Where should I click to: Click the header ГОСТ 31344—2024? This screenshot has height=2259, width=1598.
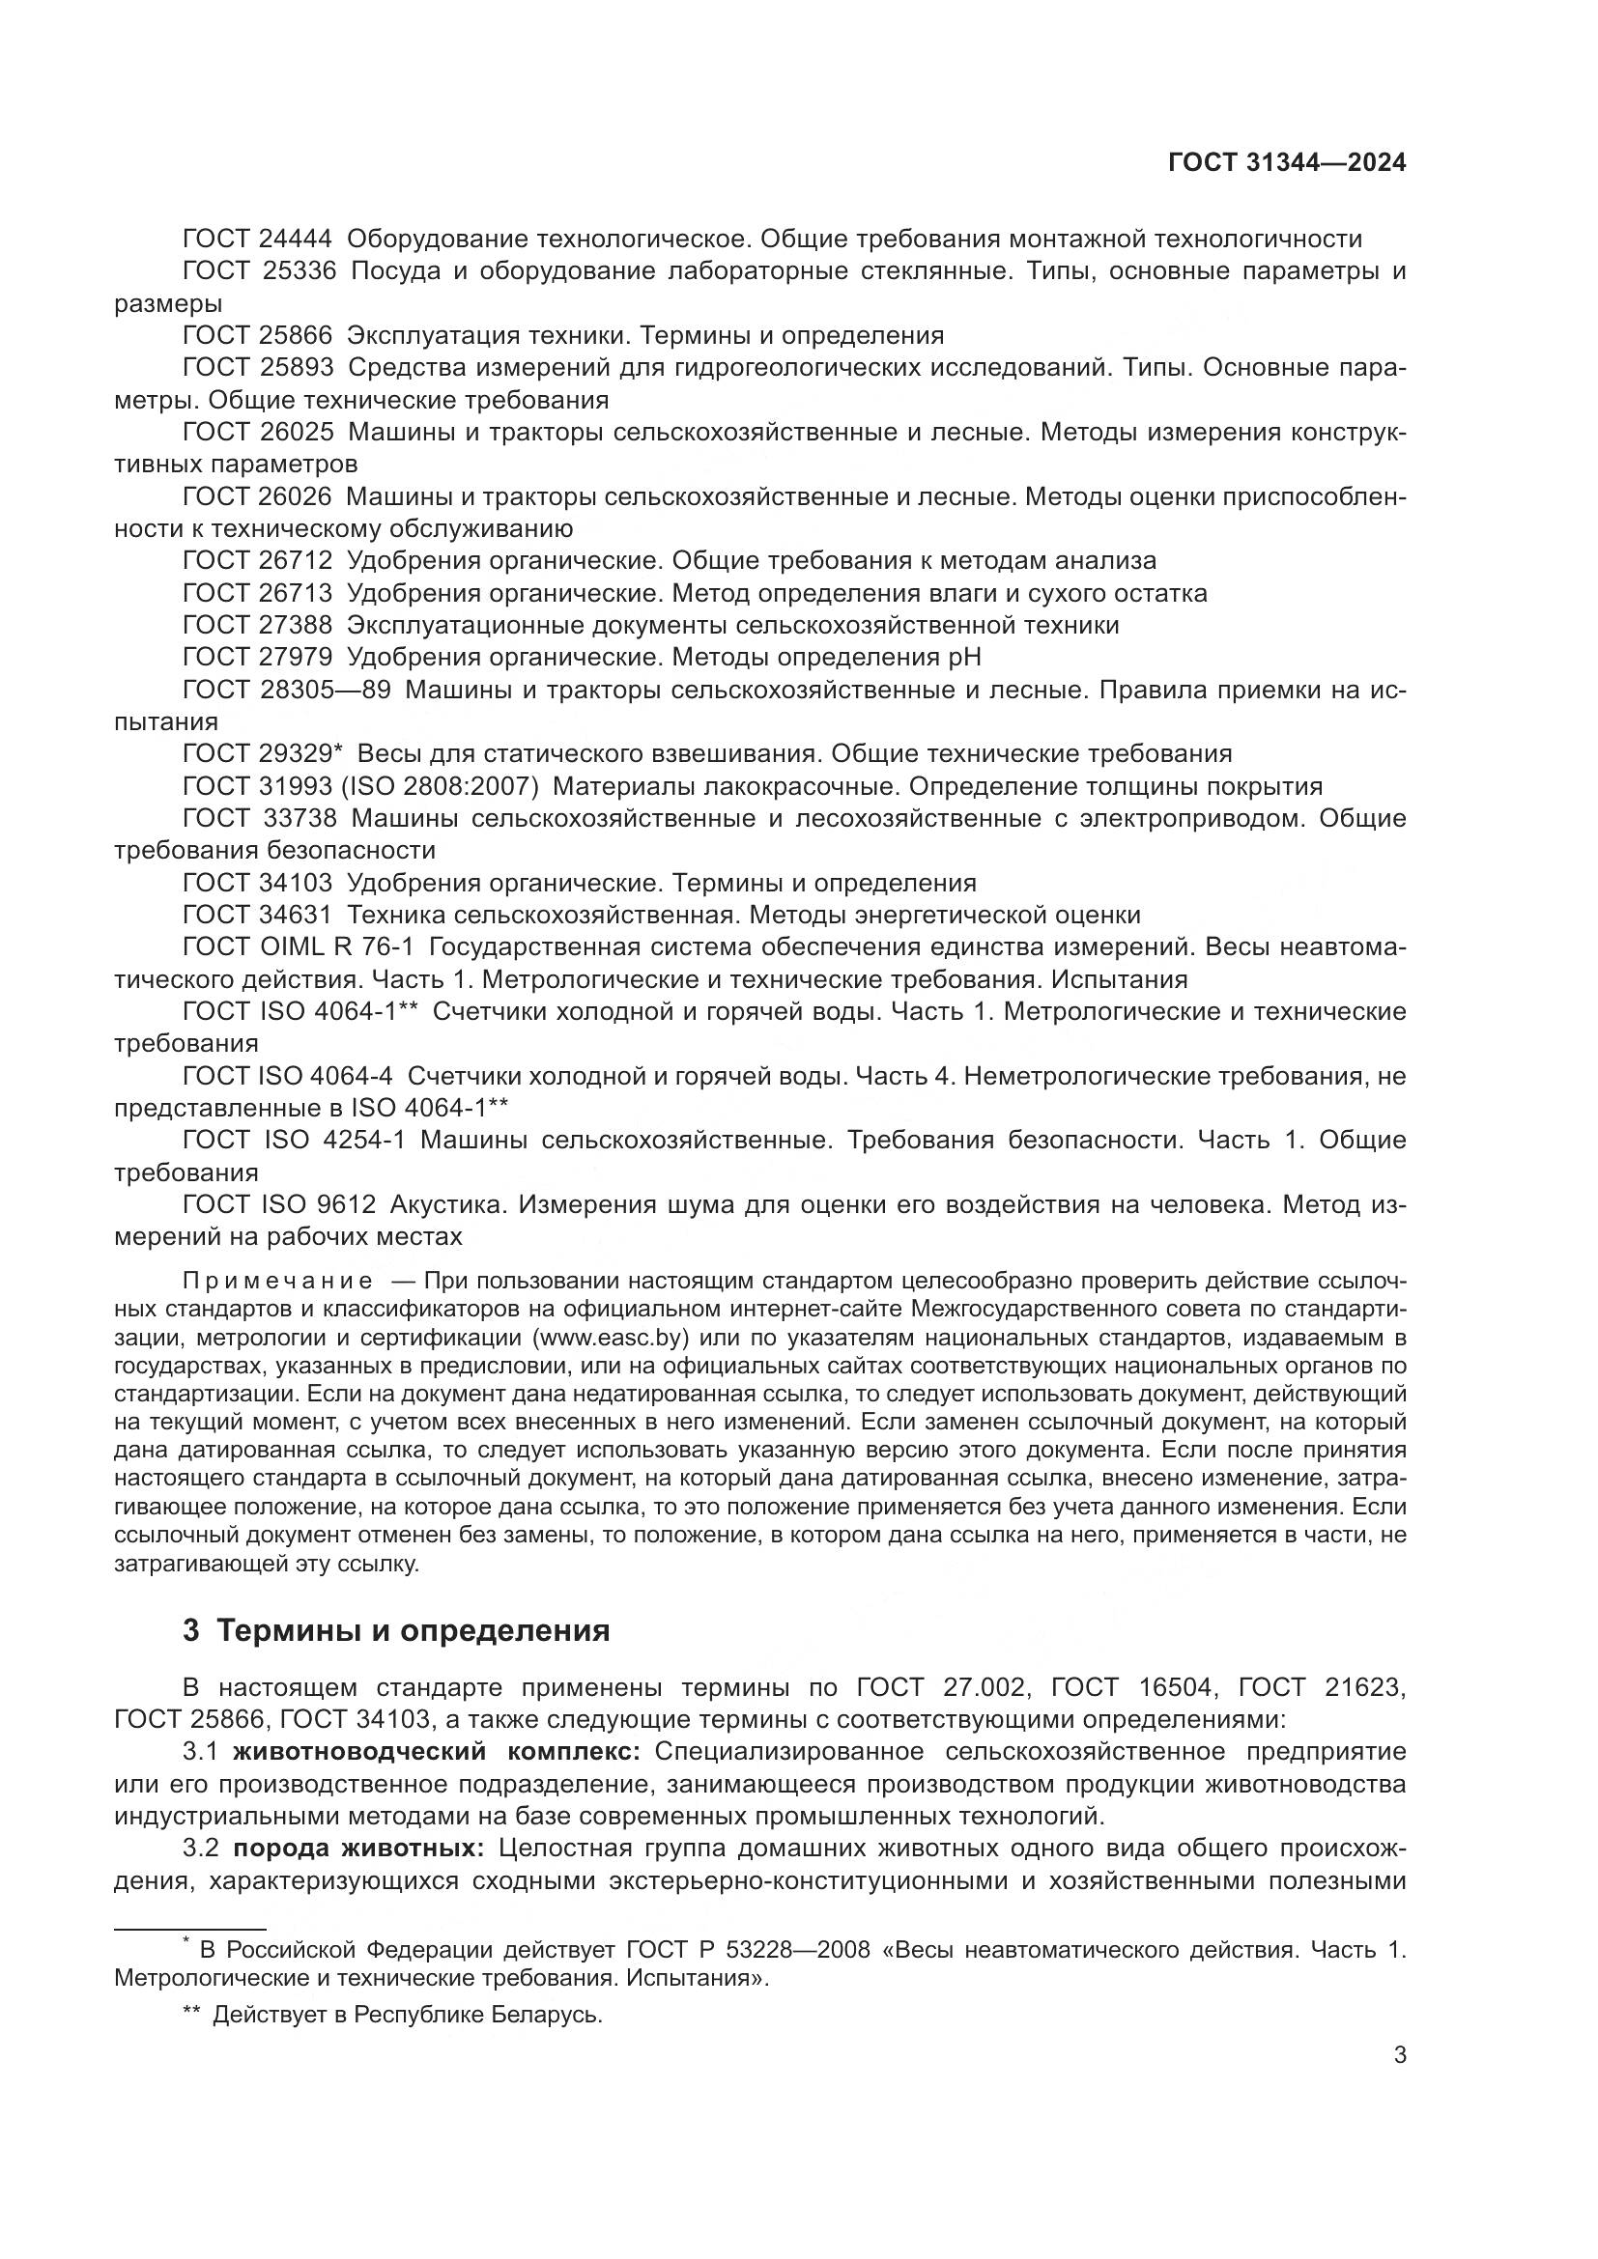pyautogui.click(x=1286, y=162)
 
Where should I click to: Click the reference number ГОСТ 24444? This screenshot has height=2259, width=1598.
pyautogui.click(x=258, y=240)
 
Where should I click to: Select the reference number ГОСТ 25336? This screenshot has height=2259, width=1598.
pyautogui.click(x=259, y=271)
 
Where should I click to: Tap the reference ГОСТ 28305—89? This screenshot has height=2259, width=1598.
pyautogui.click(x=286, y=690)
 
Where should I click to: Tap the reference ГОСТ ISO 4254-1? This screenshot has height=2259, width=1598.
pyautogui.click(x=294, y=1140)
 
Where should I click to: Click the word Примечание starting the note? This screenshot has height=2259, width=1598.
pyautogui.click(x=276, y=1280)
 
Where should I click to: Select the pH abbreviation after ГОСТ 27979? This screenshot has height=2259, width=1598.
pyautogui.click(x=961, y=658)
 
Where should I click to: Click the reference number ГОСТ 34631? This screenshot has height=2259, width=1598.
pyautogui.click(x=258, y=915)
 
